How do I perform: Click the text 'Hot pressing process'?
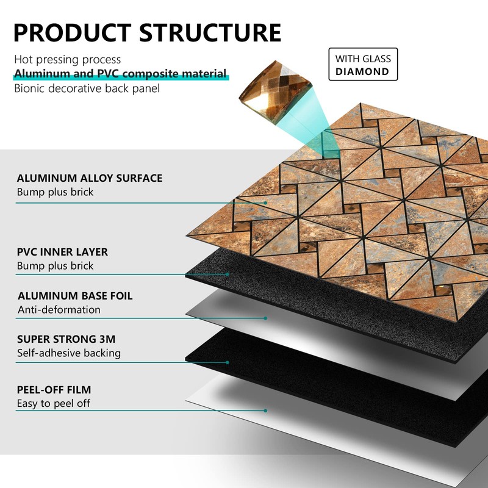tap(68, 60)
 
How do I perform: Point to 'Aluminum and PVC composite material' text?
tap(121, 74)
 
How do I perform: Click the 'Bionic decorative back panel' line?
tap(87, 88)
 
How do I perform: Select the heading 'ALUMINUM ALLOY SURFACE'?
tap(89, 178)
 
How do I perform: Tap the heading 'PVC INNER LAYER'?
tap(62, 252)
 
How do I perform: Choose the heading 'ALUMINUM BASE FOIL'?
tap(74, 296)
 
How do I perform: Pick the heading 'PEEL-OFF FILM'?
tap(54, 389)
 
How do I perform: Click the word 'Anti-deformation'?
tap(59, 310)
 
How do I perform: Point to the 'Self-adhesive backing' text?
tap(68, 353)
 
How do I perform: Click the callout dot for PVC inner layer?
tap(228, 274)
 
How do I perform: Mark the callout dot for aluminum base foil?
tap(266, 318)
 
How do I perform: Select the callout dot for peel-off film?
tap(266, 411)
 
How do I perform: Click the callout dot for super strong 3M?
tap(228, 362)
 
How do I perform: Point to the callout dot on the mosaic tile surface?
tap(266, 203)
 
